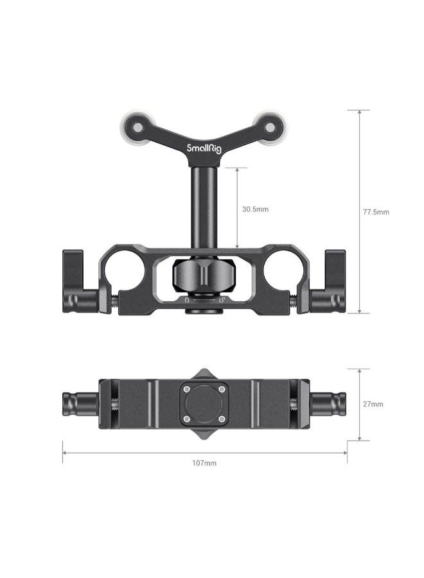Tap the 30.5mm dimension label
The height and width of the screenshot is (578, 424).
tap(255, 209)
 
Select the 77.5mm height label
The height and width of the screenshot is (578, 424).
tap(376, 211)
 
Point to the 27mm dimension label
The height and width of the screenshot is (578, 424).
tap(373, 404)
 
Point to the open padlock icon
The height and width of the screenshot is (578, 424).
tap(222, 299)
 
